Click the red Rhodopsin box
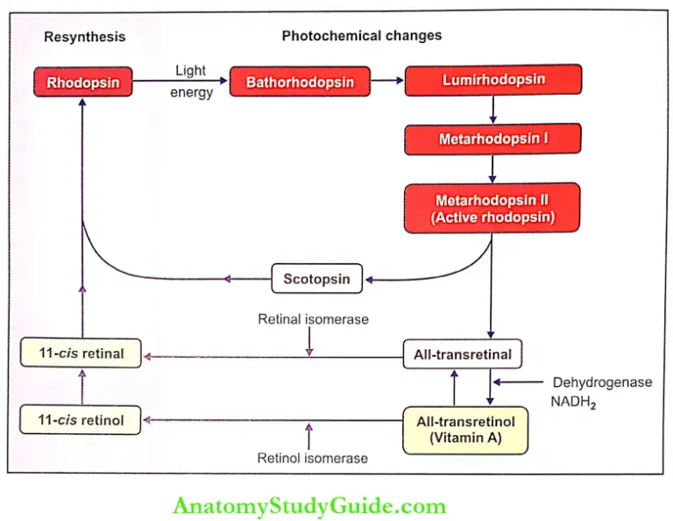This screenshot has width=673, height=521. (82, 83)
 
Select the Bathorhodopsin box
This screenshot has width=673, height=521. (300, 83)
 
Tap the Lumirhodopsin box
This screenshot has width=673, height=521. (492, 80)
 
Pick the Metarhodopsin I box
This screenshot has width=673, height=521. (492, 139)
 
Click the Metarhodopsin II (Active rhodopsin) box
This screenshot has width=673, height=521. (492, 209)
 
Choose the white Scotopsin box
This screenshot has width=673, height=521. (316, 280)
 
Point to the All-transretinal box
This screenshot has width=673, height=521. (462, 354)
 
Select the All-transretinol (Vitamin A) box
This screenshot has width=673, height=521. (465, 430)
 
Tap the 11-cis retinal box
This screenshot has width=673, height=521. (82, 353)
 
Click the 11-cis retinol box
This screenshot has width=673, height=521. (82, 420)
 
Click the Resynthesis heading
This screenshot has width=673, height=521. (84, 37)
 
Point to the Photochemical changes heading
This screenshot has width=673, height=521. (361, 36)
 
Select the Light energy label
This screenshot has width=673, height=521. (191, 82)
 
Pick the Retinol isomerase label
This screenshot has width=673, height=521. (312, 458)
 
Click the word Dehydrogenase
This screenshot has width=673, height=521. (602, 382)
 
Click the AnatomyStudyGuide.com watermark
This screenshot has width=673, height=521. (309, 506)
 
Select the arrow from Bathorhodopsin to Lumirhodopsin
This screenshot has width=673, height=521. (386, 82)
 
